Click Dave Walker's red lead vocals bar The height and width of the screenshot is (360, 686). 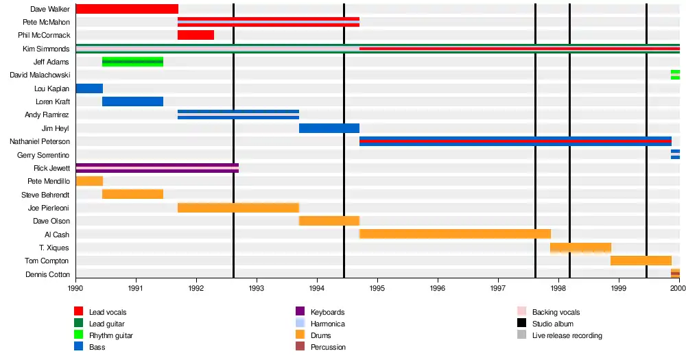[x=127, y=9]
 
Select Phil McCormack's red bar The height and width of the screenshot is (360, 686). [x=196, y=35]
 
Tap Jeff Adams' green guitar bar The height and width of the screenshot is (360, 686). [x=132, y=62]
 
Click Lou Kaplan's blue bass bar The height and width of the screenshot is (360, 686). [x=89, y=88]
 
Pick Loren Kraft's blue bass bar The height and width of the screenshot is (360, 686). [x=132, y=101]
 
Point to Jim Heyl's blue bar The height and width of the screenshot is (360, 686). [x=329, y=128]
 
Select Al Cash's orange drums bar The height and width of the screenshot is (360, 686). [x=455, y=234]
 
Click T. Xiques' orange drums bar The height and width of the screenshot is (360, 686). [x=580, y=248]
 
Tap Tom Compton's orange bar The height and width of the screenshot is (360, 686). [x=641, y=261]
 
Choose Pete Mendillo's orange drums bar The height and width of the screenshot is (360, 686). [x=89, y=181]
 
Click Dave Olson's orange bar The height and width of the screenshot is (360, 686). [x=329, y=221]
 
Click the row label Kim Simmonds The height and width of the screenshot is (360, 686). [x=46, y=49]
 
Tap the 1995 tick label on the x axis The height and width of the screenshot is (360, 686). [x=377, y=289]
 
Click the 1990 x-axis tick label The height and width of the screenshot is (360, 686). [x=75, y=289]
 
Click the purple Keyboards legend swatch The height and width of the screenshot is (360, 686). [x=300, y=312]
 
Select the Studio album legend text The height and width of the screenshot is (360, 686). [x=553, y=324]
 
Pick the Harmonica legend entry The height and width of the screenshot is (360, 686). [x=328, y=324]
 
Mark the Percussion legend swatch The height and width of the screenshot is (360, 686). [x=300, y=347]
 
